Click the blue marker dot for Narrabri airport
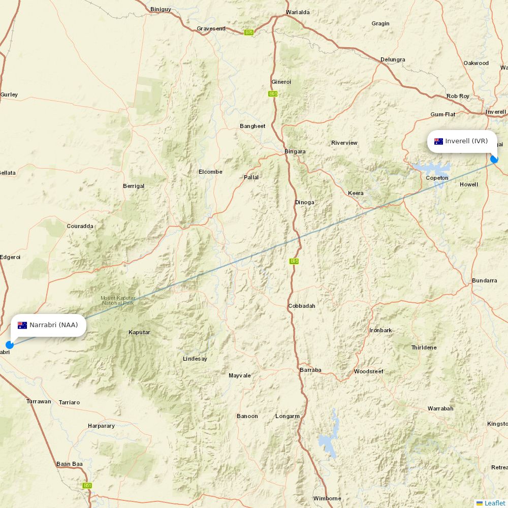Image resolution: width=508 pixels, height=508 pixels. point(10,345)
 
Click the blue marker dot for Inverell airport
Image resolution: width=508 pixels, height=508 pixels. point(494,160)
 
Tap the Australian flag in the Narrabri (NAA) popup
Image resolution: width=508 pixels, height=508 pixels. point(22,325)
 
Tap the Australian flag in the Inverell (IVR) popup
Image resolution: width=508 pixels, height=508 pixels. point(438,141)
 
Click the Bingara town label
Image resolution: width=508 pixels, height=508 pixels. point(295,151)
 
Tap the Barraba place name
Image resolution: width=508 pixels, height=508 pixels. point(310,370)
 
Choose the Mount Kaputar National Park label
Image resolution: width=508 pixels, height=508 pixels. point(118,300)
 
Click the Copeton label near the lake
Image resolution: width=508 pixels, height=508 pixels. point(437,178)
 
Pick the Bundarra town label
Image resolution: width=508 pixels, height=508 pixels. point(484,280)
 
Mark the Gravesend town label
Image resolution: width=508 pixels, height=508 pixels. point(211,28)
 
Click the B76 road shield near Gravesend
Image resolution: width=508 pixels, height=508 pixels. point(248,33)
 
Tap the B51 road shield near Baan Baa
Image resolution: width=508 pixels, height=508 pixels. point(87,486)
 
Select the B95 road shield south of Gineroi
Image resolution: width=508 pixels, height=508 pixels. point(273,94)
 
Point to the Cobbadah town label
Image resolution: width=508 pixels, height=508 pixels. point(302,306)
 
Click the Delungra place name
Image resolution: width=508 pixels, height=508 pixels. point(393,59)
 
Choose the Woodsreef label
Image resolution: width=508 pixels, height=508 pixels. point(369,371)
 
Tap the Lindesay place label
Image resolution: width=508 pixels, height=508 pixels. point(195,359)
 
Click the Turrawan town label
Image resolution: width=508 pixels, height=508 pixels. point(39,401)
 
